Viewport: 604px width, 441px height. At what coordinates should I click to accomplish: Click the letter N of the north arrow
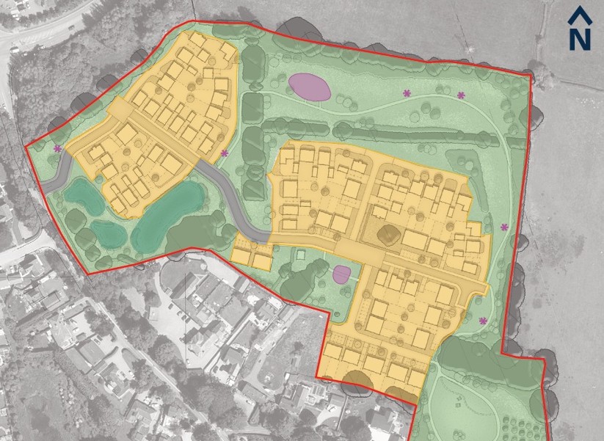(x=580, y=38)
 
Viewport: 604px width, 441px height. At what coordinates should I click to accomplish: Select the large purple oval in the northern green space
(x=308, y=87)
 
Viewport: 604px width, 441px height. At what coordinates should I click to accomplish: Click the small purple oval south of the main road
(x=341, y=275)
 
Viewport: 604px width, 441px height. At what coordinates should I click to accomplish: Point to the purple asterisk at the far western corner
(x=57, y=149)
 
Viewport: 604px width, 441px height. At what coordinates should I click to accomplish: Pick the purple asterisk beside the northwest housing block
(x=225, y=153)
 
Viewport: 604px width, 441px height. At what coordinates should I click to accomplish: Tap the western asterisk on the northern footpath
(x=407, y=93)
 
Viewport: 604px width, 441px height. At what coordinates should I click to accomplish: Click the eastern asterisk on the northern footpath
(x=462, y=95)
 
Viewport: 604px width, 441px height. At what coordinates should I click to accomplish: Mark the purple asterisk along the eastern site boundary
(x=504, y=227)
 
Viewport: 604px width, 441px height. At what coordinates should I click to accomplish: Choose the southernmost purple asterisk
(x=483, y=321)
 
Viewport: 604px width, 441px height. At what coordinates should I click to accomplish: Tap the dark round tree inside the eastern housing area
(x=387, y=236)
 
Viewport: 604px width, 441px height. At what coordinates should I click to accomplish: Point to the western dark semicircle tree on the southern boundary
(x=357, y=380)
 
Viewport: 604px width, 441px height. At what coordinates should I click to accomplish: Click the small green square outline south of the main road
(x=299, y=255)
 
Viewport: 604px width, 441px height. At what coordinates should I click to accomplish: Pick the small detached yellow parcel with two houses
(x=252, y=255)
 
